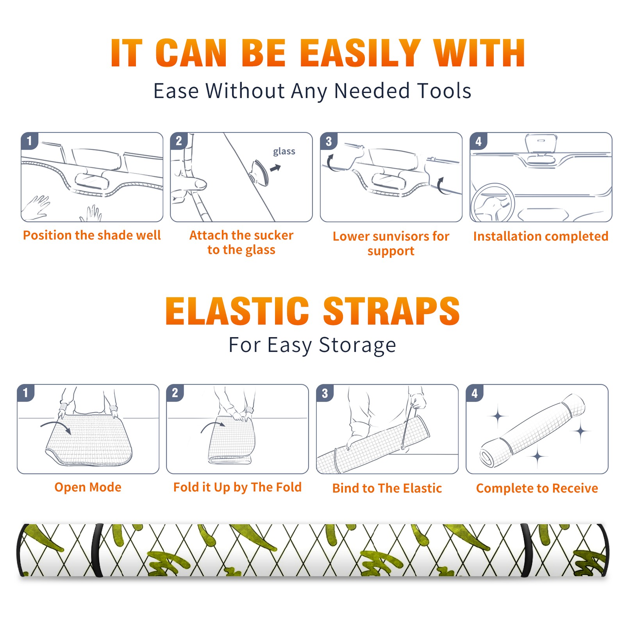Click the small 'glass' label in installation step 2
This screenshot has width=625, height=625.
[x=284, y=152]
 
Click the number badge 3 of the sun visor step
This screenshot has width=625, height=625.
[x=329, y=141]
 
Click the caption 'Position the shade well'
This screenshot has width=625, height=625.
[x=92, y=235]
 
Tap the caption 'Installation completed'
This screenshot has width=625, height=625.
[x=541, y=236]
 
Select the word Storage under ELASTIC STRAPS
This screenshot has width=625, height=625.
[x=357, y=345]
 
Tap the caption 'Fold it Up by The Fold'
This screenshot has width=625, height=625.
[x=237, y=487]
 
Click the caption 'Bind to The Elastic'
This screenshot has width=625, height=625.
[x=387, y=488]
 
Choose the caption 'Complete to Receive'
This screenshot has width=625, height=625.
[x=537, y=488]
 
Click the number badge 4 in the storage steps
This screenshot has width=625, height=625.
[x=475, y=393]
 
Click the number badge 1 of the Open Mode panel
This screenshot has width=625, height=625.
[x=26, y=393]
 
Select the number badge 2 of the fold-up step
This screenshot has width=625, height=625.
[x=175, y=393]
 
